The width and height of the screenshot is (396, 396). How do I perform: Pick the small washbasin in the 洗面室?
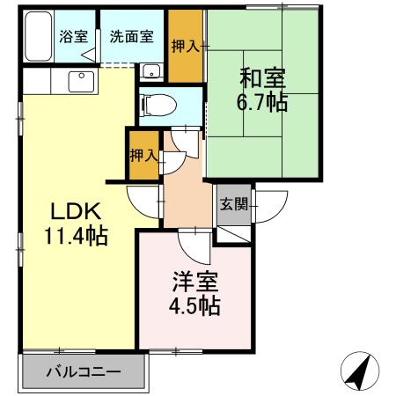(150, 72)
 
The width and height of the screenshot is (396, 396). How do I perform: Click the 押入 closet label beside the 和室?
(186, 45)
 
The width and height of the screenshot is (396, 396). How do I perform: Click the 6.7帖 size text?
(261, 102)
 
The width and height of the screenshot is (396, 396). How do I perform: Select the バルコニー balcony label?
(84, 371)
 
